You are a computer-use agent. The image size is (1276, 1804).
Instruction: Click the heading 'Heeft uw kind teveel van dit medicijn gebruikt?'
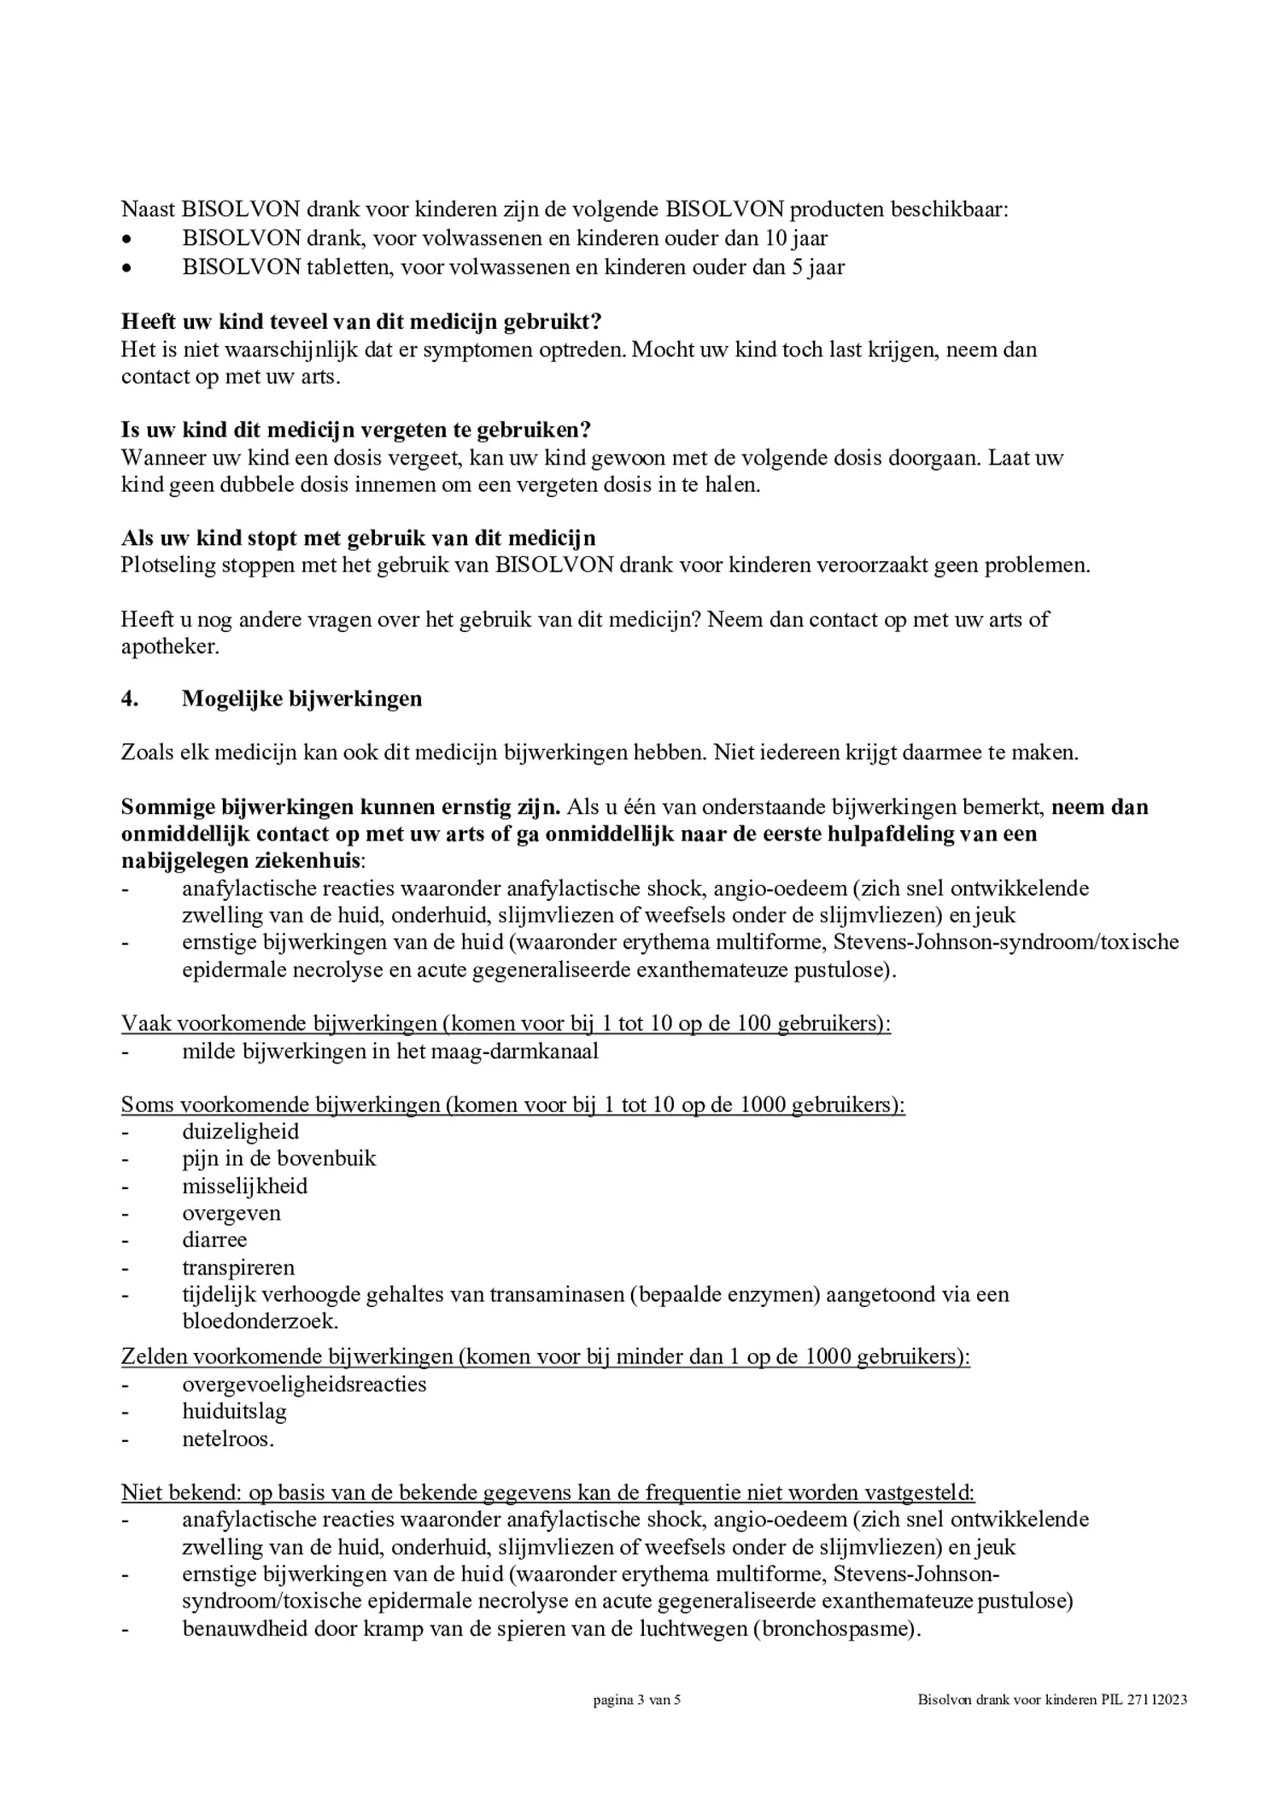tap(361, 322)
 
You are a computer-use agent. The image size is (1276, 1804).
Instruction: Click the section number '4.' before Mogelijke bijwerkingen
tap(129, 699)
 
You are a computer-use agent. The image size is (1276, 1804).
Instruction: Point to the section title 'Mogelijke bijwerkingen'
tap(301, 699)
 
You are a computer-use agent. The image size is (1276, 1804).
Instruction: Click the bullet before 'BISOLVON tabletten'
tap(126, 268)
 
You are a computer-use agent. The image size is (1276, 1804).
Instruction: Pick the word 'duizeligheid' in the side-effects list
tap(240, 1132)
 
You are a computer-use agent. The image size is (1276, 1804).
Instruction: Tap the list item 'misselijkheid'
tap(244, 1186)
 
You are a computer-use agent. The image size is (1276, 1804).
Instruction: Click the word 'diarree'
tap(214, 1239)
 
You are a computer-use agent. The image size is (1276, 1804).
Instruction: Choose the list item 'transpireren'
tap(237, 1268)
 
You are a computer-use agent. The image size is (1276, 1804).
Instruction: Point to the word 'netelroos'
tap(227, 1439)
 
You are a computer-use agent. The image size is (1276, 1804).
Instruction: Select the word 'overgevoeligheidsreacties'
tap(303, 1384)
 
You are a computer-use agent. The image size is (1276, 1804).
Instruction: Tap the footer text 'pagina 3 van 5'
tap(636, 1700)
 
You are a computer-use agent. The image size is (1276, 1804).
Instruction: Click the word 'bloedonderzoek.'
tap(260, 1321)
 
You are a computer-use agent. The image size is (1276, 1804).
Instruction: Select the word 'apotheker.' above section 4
tap(170, 647)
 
